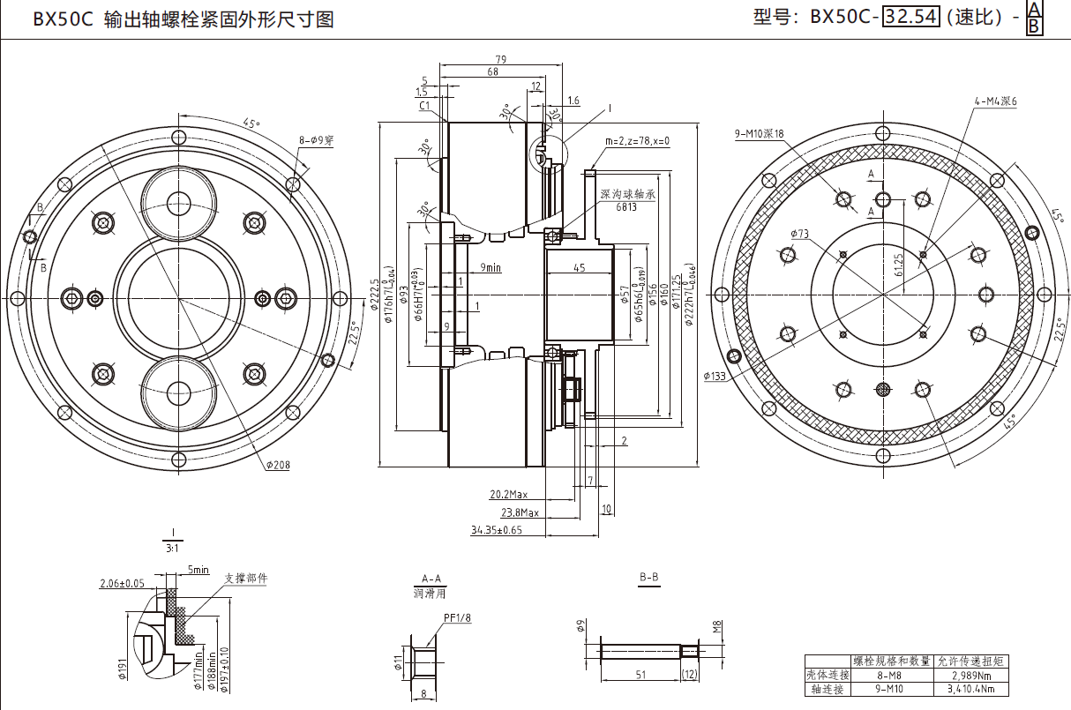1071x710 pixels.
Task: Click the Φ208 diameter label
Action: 276,465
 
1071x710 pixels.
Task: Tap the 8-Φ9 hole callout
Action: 316,140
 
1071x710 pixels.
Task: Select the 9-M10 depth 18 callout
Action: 759,134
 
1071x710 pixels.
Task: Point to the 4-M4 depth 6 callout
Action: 995,101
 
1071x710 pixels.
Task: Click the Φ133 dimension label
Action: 715,376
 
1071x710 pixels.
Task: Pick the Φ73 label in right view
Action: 799,235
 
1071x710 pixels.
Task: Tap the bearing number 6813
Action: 626,207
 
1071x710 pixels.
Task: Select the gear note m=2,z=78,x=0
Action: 637,141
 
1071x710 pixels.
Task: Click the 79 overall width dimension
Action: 499,59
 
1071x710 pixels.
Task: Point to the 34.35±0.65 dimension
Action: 496,530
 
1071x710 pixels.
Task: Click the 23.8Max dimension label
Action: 520,512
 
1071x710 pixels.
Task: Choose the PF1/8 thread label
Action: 457,618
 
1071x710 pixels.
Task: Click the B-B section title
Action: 648,578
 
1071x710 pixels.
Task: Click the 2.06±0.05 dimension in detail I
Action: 122,583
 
